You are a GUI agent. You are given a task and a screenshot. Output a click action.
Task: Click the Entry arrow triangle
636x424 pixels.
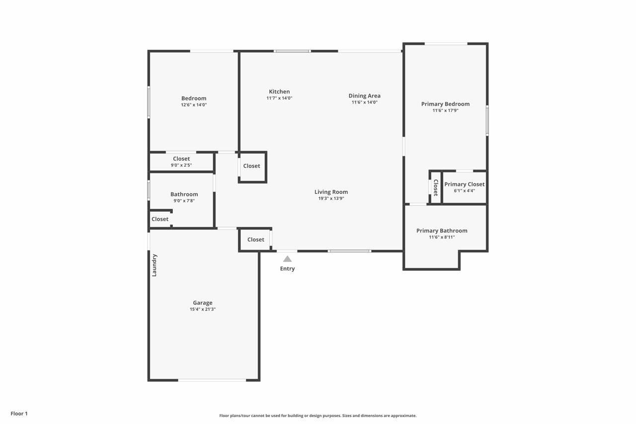(287, 258)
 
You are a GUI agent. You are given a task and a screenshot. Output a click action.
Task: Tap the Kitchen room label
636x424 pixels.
(279, 91)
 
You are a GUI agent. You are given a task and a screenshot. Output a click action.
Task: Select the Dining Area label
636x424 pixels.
(364, 96)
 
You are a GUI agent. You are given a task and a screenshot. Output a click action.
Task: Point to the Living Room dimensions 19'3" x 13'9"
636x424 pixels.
(331, 198)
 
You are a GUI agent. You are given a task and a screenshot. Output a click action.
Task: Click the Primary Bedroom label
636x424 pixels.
(445, 104)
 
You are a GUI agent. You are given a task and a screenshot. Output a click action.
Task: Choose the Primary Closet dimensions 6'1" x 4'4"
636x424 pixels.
(464, 190)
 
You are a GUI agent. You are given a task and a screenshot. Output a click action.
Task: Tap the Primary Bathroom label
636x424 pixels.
(442, 231)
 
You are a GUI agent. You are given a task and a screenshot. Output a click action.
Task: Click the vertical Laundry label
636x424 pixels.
(155, 265)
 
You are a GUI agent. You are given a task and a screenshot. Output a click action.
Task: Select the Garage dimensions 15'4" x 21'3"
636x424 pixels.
(202, 309)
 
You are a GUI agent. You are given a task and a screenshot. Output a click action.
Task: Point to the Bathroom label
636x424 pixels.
(184, 194)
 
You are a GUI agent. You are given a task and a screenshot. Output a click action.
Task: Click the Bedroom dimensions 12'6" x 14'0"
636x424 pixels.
(193, 105)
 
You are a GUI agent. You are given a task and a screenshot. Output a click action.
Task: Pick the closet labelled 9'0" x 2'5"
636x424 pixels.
(181, 162)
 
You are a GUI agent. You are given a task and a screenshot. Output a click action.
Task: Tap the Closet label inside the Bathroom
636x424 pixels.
(160, 219)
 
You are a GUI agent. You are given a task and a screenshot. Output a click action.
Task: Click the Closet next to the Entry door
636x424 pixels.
(255, 240)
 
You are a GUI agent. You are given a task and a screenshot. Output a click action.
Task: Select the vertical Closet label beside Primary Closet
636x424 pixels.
(436, 187)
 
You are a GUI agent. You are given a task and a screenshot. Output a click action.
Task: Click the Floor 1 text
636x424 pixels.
(19, 414)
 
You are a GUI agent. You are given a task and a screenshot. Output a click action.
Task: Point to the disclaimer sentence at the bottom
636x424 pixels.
(318, 416)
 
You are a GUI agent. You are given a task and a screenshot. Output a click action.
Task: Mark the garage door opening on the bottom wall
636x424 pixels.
(212, 380)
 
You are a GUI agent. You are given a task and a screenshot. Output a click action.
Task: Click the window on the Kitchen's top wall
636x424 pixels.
(292, 51)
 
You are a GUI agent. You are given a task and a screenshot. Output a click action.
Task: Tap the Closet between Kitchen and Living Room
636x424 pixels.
(251, 166)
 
